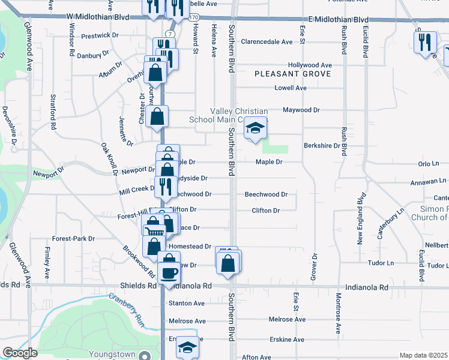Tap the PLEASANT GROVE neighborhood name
pos(292,74)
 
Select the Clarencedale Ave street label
pos(267,42)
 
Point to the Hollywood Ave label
pos(310,65)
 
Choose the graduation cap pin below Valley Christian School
pos(255,128)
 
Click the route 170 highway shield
pos(193,18)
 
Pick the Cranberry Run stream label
pos(127,309)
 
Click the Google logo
pos(19,353)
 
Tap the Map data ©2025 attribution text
pos(423,355)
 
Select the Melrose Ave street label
pos(287,319)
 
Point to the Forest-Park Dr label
pos(73,238)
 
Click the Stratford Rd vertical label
pos(53,112)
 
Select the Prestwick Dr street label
pos(95,35)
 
